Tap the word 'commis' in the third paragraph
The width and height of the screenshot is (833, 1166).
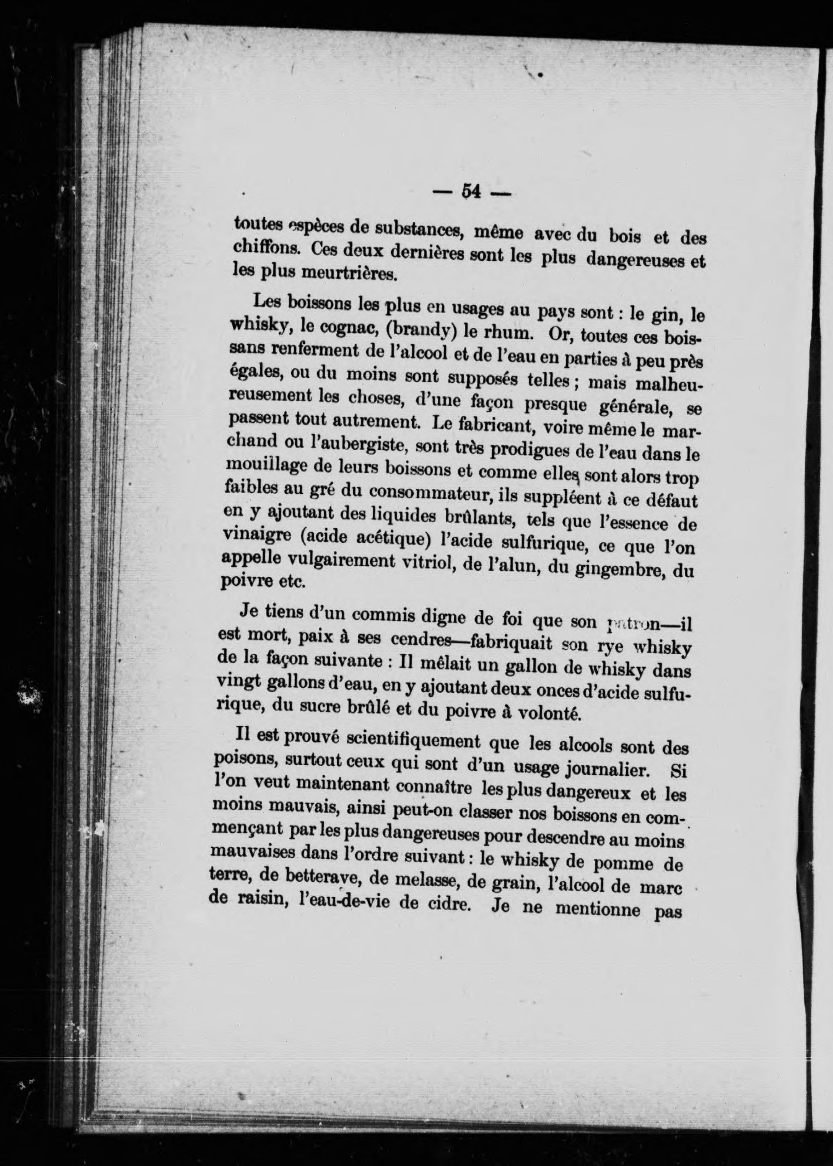pos(360,616)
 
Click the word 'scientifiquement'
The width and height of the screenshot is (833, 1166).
pos(414,741)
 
